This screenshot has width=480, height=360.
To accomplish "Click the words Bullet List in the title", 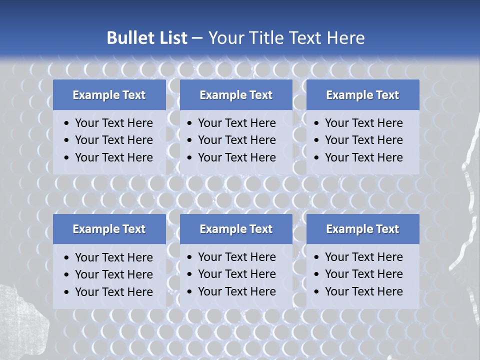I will tap(147, 38).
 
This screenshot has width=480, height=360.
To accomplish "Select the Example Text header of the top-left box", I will tap(109, 95).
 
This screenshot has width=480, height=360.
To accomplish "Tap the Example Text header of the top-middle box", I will tap(236, 95).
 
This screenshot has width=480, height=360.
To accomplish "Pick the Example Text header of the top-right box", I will tap(362, 95).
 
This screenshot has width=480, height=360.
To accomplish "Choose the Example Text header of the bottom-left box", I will tap(109, 229).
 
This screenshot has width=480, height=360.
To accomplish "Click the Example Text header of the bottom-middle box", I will tap(236, 229).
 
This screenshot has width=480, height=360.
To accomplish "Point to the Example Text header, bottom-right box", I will tap(362, 229).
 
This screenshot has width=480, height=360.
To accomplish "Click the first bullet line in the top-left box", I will tap(113, 123).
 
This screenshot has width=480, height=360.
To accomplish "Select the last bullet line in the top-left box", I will tap(113, 157).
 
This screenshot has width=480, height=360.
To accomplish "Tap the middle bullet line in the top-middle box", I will tap(236, 140).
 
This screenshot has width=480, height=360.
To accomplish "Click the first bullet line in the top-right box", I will tap(363, 123).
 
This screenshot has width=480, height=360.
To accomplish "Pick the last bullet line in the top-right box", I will tap(363, 157).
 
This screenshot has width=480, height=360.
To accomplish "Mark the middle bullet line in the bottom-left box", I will tap(113, 274).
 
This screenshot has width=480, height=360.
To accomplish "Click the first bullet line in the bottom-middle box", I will tap(236, 257).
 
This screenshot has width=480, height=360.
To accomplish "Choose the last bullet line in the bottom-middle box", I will tap(236, 291).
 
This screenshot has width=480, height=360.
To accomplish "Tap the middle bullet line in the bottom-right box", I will tap(363, 274).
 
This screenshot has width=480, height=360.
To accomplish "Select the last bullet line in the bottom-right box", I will tap(363, 291).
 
